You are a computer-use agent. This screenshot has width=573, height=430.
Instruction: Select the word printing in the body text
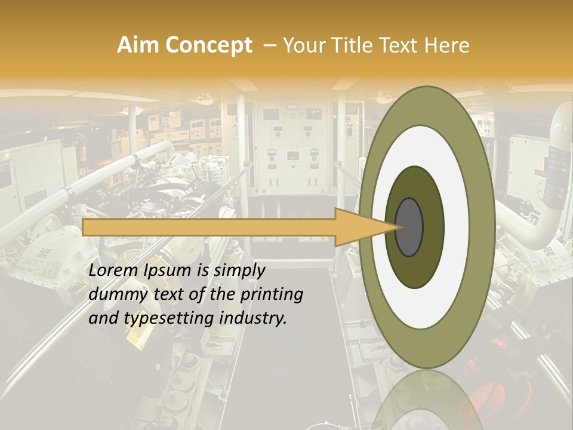tap(272, 295)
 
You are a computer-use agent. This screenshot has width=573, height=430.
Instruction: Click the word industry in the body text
tap(252, 318)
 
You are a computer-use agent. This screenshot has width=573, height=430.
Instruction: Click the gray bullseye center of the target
tap(409, 227)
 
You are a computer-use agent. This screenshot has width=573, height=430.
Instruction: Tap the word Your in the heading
tap(303, 45)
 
